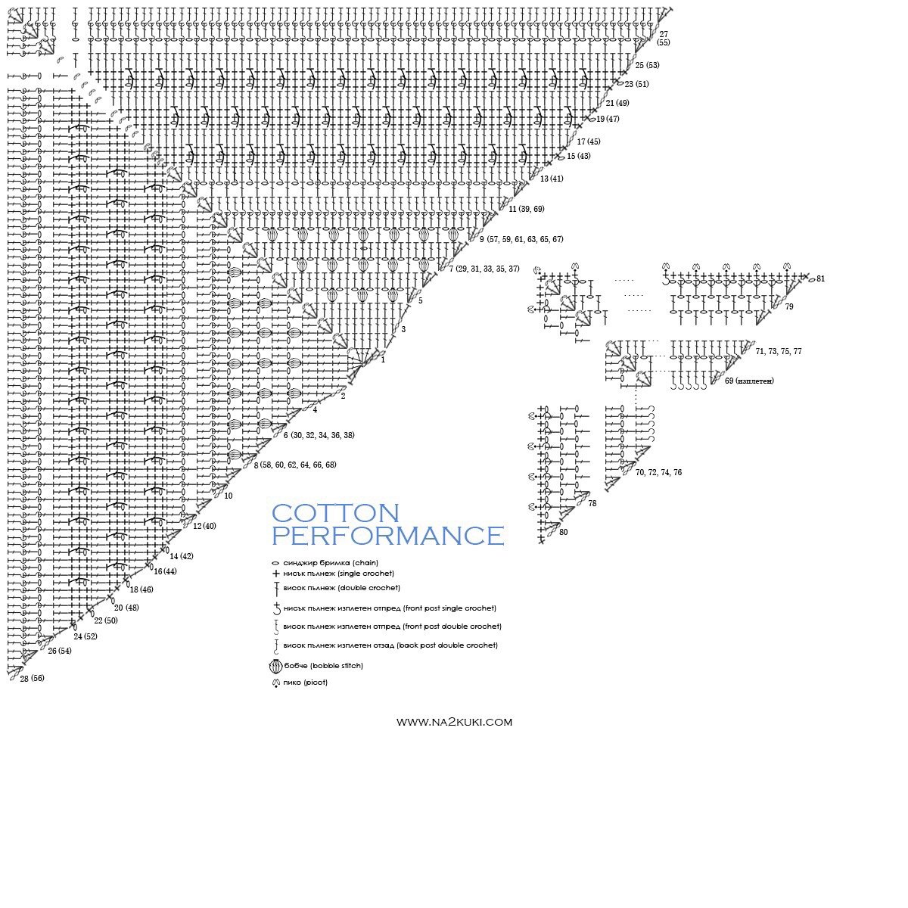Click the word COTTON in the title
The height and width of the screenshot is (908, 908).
pos(335,513)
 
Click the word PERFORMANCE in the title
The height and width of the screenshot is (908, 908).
pos(387,536)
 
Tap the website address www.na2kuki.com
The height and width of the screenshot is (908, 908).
pos(454,723)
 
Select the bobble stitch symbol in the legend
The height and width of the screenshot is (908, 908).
pos(275,667)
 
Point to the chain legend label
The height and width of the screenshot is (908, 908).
pos(331,563)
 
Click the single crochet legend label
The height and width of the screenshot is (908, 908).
pos(338,574)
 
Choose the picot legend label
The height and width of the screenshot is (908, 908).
pos(305,683)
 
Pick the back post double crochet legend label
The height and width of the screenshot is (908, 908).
pos(390,645)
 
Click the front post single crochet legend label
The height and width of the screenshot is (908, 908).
pos(390,608)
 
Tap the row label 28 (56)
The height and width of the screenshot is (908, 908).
pos(33,679)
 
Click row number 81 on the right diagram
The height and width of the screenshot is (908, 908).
pos(820,279)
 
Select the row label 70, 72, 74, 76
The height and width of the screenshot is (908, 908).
pos(658,473)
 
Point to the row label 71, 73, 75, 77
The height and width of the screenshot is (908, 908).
pos(779,352)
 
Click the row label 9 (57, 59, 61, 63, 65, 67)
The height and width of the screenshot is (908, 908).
pos(521,240)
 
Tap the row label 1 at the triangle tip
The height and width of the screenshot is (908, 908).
pos(383,360)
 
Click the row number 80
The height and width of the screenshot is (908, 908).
pos(564,533)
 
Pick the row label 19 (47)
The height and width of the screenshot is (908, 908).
pos(608,120)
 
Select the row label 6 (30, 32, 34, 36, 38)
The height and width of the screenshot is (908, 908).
pos(319,436)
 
